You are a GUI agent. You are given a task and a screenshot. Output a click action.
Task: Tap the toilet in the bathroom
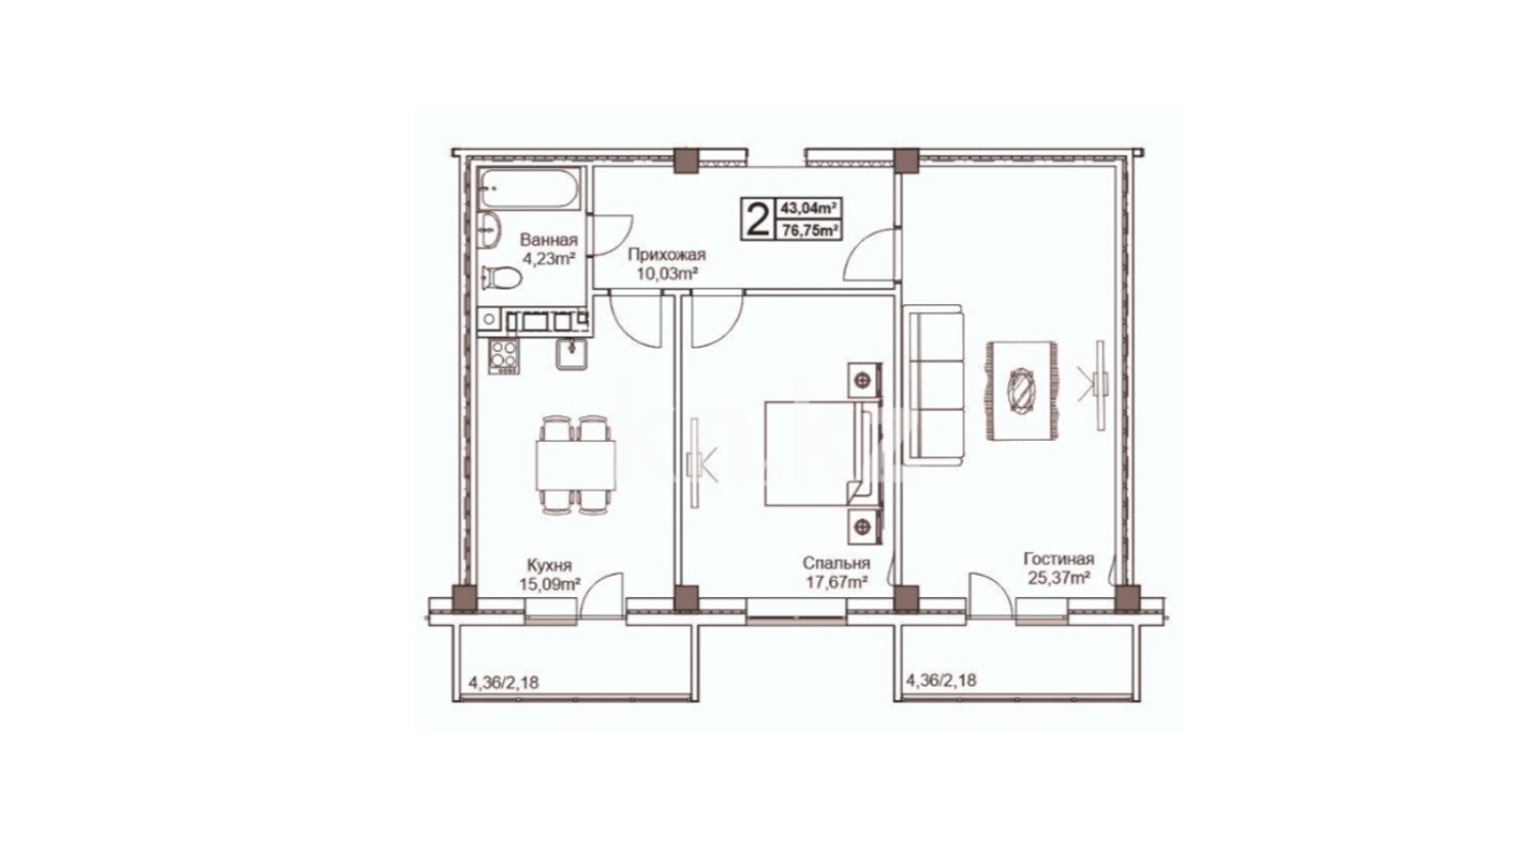pos(500,277)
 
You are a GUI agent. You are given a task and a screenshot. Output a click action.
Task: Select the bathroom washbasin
pos(489,230)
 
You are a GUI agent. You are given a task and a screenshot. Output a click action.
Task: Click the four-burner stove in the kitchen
pos(503,356)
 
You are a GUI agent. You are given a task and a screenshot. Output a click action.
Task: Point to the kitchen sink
pos(570,354)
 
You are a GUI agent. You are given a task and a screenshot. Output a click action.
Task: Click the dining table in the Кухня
pos(575,465)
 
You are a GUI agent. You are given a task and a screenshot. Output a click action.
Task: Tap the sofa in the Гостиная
pos(936,385)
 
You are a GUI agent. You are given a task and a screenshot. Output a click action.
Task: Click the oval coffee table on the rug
pos(1020,391)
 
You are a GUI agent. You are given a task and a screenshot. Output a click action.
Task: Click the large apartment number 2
pos(757,220)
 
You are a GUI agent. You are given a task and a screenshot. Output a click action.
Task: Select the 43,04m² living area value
pos(810,207)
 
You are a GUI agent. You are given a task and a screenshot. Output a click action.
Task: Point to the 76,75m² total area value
pos(810,230)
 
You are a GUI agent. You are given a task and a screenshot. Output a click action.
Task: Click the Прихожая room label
pos(666,255)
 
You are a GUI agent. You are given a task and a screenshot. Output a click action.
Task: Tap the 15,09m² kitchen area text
pos(550,585)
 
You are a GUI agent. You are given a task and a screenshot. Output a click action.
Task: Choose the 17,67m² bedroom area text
pos(836,582)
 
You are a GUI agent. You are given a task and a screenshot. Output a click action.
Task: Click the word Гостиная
pos(1059,558)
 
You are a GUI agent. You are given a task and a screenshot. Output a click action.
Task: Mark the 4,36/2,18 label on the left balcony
pos(503,683)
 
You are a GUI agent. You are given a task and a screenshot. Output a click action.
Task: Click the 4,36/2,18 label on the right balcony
pos(942,681)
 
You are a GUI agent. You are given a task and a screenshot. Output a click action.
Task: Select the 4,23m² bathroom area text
pos(548,258)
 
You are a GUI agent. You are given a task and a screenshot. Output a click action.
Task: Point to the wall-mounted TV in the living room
pos(1100,385)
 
